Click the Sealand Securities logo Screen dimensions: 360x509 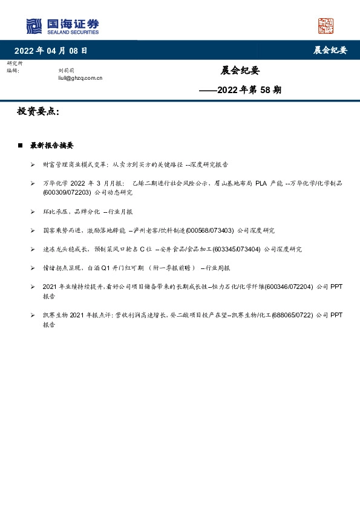[62, 26]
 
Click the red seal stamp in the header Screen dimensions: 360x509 [326, 26]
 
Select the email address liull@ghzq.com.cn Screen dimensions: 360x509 [80, 78]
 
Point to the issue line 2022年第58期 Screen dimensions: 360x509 [240, 90]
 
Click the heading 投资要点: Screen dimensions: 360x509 [38, 111]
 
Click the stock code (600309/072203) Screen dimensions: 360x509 [67, 192]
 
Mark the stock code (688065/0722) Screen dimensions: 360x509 [292, 315]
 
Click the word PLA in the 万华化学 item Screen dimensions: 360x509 [261, 183]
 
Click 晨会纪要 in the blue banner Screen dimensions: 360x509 [330, 51]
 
